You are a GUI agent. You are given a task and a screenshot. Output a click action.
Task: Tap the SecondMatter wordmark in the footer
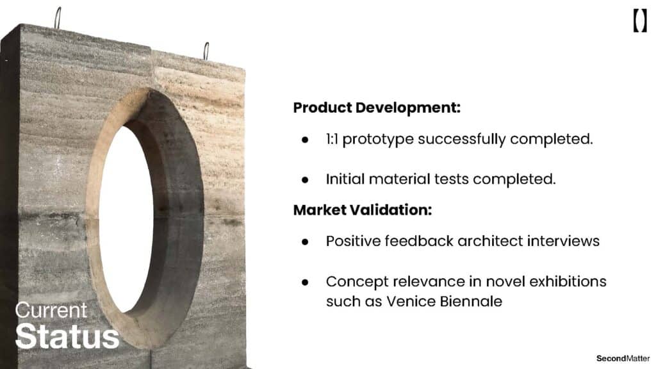pos(623,358)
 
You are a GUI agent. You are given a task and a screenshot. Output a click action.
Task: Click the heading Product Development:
pos(377,108)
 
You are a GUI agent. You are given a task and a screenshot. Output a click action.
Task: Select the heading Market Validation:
pos(363,209)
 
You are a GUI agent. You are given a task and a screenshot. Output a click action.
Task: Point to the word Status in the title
pos(67,336)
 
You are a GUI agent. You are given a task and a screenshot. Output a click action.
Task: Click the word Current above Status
pos(51,311)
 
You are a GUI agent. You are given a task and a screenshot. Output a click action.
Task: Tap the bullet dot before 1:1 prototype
pos(305,140)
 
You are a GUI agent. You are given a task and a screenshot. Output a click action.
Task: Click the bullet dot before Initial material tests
pos(305,180)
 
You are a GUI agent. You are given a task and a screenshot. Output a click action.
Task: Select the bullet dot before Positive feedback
pos(305,242)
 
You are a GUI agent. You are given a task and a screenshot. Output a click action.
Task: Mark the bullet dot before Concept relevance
pos(305,283)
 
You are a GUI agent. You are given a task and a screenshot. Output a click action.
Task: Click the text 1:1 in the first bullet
pos(332,139)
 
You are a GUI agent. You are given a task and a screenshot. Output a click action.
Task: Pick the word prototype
pos(378,140)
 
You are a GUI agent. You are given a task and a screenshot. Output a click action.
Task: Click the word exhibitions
pos(568,281)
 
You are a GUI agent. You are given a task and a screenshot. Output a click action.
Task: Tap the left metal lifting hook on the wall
pos(58,18)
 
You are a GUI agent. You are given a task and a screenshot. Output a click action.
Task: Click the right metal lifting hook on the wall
pos(206,51)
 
